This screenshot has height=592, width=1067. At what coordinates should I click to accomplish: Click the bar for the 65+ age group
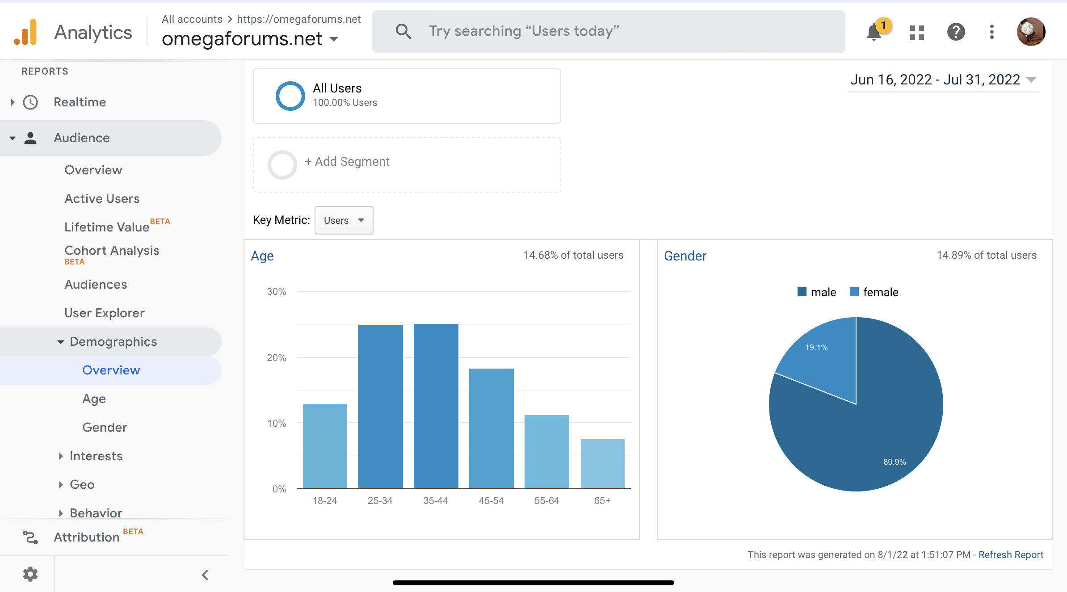602,464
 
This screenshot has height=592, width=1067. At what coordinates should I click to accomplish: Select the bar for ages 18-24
325,446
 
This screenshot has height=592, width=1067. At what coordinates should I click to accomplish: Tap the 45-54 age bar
491,428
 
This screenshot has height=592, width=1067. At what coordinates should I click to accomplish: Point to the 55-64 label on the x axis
546,501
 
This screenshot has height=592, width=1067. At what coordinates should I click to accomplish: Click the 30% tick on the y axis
277,292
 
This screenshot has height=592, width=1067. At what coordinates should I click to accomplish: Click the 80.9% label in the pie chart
895,462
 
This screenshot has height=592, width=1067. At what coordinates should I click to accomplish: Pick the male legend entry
817,292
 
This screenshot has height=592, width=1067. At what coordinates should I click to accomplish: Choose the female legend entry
874,292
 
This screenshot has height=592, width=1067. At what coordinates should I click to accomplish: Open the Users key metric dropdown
344,220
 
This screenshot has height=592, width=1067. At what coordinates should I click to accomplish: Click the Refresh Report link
1011,554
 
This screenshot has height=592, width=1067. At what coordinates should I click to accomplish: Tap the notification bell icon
874,32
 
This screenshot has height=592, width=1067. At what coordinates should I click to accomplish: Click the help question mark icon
956,32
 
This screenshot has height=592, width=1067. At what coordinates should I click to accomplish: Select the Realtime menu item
80,102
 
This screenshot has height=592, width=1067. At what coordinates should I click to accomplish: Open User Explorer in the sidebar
105,313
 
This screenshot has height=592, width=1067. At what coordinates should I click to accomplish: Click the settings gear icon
30,574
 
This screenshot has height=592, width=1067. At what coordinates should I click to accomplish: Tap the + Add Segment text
347,162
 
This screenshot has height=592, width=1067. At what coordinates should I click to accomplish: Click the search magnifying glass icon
403,31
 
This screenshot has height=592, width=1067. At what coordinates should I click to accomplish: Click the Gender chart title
685,256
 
